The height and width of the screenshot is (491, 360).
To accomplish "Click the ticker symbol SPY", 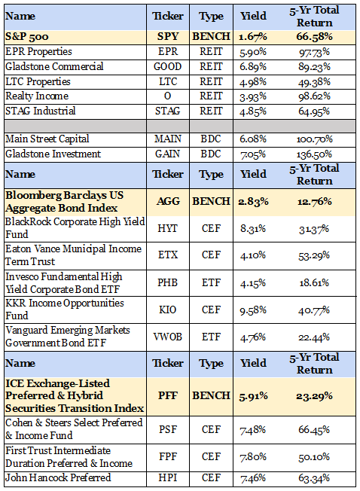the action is [x=168, y=37].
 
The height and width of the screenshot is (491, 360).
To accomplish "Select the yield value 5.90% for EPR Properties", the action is [x=253, y=52].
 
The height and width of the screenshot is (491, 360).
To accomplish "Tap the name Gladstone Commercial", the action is [x=54, y=66].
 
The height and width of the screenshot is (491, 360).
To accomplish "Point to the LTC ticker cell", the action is [x=168, y=81].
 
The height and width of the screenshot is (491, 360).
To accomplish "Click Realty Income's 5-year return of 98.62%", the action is [x=314, y=96].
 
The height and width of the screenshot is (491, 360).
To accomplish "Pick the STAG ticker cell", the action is [x=168, y=111].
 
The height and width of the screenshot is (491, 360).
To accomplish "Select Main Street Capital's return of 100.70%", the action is [x=314, y=139].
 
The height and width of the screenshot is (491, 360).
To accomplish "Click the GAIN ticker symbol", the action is [x=168, y=154].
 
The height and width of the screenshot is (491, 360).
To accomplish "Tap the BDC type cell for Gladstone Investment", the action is [x=211, y=154].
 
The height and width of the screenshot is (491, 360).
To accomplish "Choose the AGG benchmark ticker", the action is [x=168, y=201].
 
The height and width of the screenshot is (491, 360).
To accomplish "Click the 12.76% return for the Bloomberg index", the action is [x=314, y=201].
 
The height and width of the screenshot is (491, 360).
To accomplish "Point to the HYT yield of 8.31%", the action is [x=253, y=229].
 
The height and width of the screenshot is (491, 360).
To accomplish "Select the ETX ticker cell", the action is [x=168, y=255].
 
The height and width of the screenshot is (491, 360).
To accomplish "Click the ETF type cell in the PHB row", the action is [x=211, y=282].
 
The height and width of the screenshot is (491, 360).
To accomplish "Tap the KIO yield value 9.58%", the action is [x=253, y=310].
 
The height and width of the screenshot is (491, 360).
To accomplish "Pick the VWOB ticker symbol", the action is [x=168, y=337].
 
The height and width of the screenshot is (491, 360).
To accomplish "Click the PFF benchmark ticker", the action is [x=168, y=396].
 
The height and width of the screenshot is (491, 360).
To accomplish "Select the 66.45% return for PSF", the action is [x=314, y=429].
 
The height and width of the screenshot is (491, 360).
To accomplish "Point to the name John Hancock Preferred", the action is [x=58, y=478].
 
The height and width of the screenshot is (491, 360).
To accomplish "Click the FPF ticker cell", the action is [x=168, y=457].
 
